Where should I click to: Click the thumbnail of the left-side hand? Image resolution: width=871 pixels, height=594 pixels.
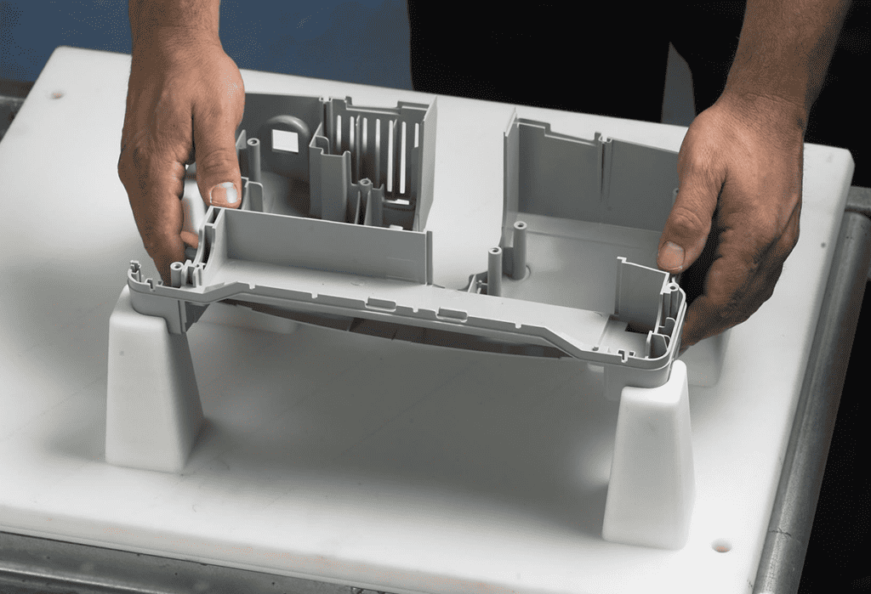click(x=225, y=194)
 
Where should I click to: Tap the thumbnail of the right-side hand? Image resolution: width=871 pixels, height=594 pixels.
click(x=672, y=255)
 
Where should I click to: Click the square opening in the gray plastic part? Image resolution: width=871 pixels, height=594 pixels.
click(x=285, y=141)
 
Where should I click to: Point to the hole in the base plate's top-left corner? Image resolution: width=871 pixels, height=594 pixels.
click(x=57, y=94)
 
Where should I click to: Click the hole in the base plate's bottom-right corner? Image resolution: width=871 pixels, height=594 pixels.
click(x=721, y=545)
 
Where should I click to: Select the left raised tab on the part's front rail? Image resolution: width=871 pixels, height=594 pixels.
click(x=380, y=303)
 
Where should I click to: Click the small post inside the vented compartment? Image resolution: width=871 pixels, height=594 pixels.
click(x=366, y=195)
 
